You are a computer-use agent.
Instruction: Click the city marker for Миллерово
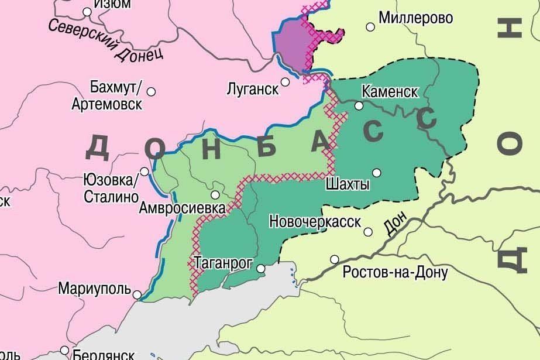(x=370, y=26)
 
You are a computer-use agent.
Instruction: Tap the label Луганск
(x=252, y=90)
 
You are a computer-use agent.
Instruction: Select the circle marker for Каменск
(x=359, y=106)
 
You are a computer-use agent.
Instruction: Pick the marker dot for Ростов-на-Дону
(x=335, y=259)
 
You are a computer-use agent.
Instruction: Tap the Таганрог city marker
(x=260, y=269)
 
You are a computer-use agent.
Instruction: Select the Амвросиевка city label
(x=182, y=208)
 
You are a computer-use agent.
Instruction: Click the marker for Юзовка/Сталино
(x=145, y=172)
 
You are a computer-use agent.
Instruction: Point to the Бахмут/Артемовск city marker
(x=151, y=91)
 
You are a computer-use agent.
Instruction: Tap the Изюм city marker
(x=87, y=11)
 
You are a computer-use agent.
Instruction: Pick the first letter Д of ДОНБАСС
(x=97, y=147)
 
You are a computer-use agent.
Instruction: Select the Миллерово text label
(x=415, y=18)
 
